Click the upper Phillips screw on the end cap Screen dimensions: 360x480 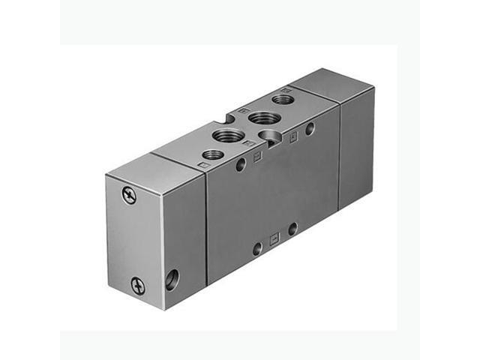(x=129, y=195)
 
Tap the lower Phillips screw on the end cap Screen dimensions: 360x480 (x=137, y=284)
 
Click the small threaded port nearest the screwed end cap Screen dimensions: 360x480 (x=213, y=154)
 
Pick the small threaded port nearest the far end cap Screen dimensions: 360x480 (x=283, y=98)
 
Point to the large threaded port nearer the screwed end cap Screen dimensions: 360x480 (x=229, y=136)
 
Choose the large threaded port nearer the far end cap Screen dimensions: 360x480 (x=263, y=117)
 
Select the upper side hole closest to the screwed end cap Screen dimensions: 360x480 (x=241, y=164)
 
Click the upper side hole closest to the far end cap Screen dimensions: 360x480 (x=310, y=128)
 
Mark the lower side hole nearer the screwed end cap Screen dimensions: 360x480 (x=257, y=247)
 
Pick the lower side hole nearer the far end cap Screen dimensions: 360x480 (x=292, y=228)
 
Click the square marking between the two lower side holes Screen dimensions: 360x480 (x=274, y=238)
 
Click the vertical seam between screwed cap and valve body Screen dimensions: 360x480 (x=207, y=225)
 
